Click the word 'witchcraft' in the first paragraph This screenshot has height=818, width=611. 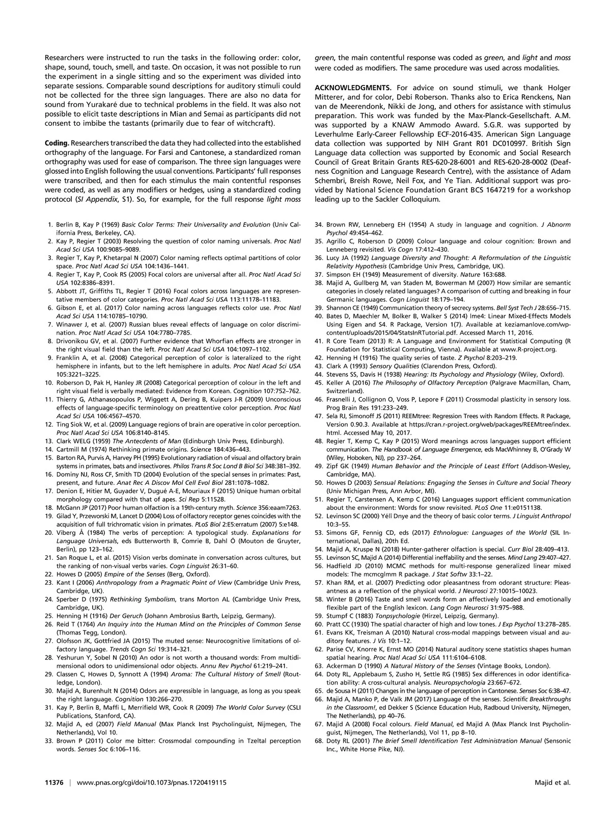(x=254, y=123)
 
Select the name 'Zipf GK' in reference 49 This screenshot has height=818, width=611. (x=337, y=466)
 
